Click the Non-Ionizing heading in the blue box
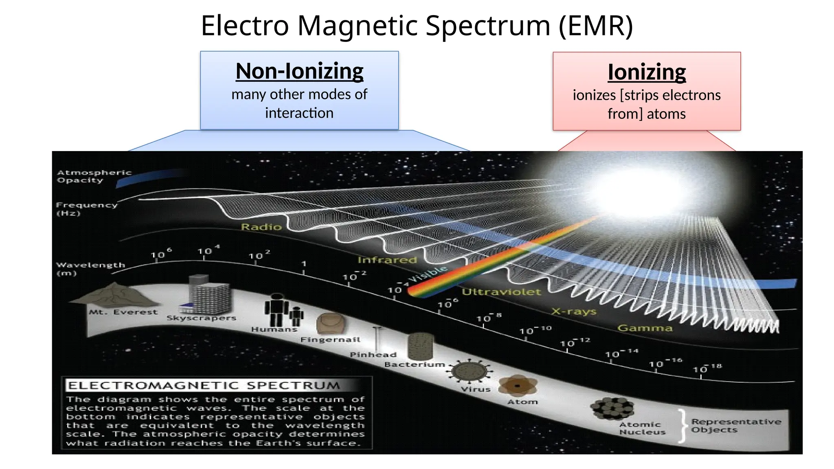[299, 71]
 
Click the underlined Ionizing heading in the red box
[647, 72]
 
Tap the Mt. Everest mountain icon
[114, 295]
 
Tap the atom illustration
[518, 386]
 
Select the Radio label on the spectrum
[261, 227]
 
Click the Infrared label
[387, 260]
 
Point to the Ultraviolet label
[501, 292]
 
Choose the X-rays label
[574, 311]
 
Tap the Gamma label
[645, 328]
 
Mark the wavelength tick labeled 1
[304, 264]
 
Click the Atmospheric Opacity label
[94, 176]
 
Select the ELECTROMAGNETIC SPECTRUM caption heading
[204, 385]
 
